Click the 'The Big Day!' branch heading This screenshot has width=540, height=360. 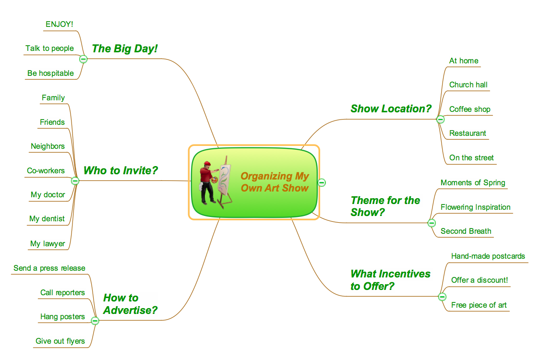125,48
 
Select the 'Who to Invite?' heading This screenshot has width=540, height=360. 120,170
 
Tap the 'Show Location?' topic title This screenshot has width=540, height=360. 391,109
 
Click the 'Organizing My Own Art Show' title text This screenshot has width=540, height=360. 275,182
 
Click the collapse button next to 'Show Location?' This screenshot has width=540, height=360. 440,120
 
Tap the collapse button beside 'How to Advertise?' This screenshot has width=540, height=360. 95,320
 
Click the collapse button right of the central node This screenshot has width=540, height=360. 322,182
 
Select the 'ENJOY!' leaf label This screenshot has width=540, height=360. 60,24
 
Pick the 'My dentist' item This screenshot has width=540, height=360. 47,219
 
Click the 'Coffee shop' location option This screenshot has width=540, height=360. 469,109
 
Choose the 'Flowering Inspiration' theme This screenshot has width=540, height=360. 475,207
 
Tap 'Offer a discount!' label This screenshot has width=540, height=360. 479,280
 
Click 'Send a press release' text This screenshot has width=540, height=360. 49,268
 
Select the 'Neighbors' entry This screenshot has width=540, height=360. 48,146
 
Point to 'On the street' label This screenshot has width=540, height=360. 471,158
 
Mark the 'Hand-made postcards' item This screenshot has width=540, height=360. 488,256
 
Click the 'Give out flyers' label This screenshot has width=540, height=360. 60,341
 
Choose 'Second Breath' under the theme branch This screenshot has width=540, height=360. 466,231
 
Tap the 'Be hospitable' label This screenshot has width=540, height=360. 50,73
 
